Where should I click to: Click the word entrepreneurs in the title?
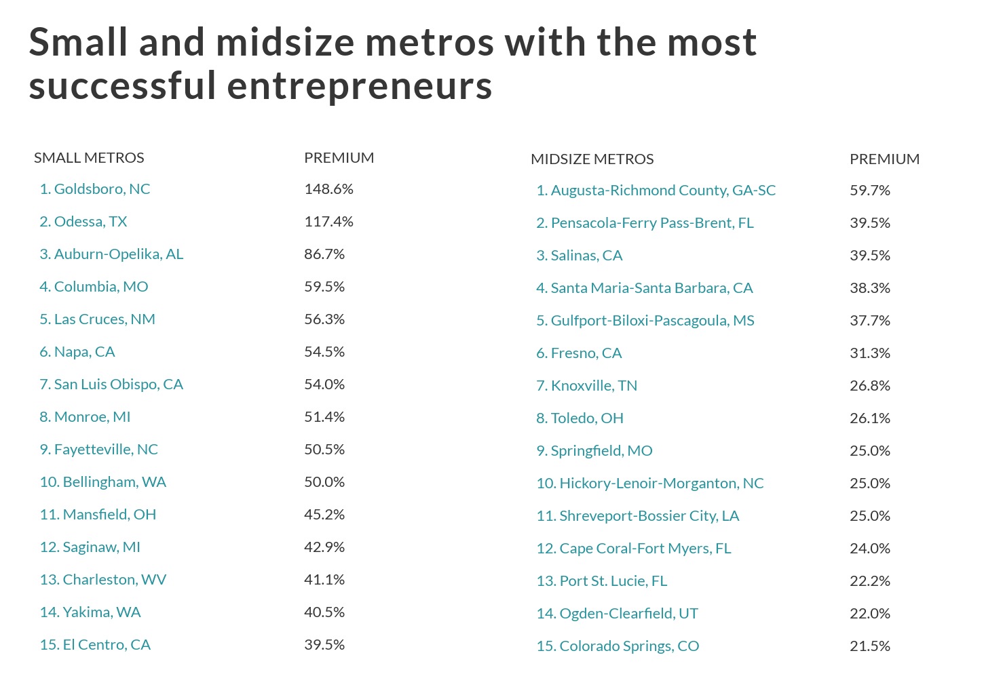pyautogui.click(x=359, y=87)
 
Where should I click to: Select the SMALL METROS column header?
pyautogui.click(x=89, y=158)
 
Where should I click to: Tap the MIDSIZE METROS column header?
pyautogui.click(x=592, y=159)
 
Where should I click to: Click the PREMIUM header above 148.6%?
pyautogui.click(x=339, y=158)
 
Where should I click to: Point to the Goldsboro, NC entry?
pyautogui.click(x=95, y=189)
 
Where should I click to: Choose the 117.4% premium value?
pyautogui.click(x=328, y=222)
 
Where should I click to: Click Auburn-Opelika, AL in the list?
pyautogui.click(x=111, y=254)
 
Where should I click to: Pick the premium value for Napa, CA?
pyautogui.click(x=324, y=352)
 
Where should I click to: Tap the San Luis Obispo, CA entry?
pyautogui.click(x=111, y=385)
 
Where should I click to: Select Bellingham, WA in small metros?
pyautogui.click(x=102, y=482)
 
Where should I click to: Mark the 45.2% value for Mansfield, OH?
pyautogui.click(x=324, y=515)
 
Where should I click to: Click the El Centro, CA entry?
pyautogui.click(x=95, y=645)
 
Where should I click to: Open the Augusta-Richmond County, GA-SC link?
pyautogui.click(x=656, y=191)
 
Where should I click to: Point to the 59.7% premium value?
pyautogui.click(x=869, y=191)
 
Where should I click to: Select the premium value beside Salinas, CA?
pyautogui.click(x=869, y=256)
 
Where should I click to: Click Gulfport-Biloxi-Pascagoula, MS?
pyautogui.click(x=645, y=321)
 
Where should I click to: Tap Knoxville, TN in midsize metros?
pyautogui.click(x=586, y=386)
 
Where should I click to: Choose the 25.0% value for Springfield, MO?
pyautogui.click(x=869, y=451)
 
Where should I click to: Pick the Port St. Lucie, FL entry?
pyautogui.click(x=601, y=581)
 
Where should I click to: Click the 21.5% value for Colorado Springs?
pyautogui.click(x=869, y=646)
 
